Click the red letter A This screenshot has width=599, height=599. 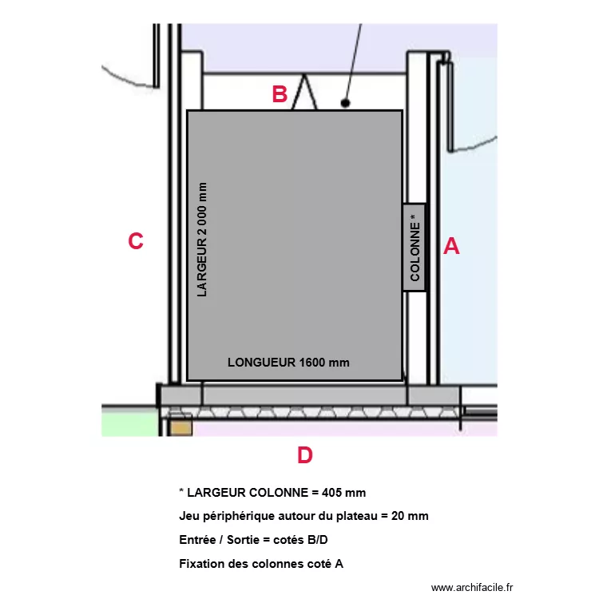click(451, 246)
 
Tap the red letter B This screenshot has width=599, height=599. click(280, 94)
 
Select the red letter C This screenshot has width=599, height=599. click(136, 241)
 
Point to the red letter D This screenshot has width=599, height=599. click(305, 455)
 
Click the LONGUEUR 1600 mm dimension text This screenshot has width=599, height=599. click(288, 362)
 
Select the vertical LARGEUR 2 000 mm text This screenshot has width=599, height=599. click(202, 240)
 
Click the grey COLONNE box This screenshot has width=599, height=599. click(414, 248)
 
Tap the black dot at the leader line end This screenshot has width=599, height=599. click(345, 103)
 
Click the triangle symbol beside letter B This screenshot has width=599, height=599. click(304, 93)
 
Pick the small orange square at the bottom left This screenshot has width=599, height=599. click(181, 428)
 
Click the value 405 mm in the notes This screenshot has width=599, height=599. click(343, 493)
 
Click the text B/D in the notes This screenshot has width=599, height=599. click(318, 540)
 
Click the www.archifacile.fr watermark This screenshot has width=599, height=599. click(472, 588)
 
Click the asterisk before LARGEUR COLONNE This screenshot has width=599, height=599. click(181, 490)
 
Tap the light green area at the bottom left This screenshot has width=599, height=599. click(130, 422)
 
